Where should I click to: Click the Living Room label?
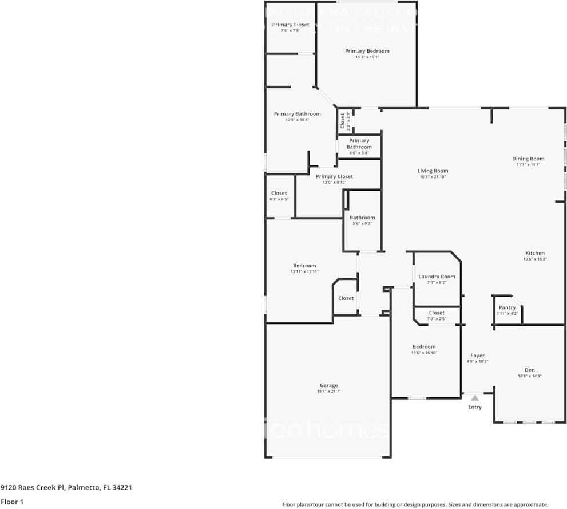click(432, 171)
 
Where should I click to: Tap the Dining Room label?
click(528, 159)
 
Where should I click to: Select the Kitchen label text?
click(535, 253)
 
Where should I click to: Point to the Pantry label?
click(507, 307)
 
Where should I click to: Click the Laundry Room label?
click(437, 277)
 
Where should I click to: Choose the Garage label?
click(328, 385)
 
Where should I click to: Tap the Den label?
click(529, 370)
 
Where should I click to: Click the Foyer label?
click(477, 356)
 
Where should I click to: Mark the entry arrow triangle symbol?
click(475, 397)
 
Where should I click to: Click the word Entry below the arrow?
click(475, 407)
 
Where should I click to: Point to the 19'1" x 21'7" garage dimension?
click(328, 392)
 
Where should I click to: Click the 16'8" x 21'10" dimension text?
click(432, 177)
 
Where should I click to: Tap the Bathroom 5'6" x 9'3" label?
click(362, 218)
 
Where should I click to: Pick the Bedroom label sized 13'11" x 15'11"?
click(304, 266)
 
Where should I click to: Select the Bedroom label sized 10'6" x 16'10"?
click(424, 346)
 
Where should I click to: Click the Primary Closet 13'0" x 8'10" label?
click(334, 176)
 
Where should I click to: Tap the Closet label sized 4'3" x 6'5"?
click(279, 194)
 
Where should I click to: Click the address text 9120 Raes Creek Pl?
click(33, 487)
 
